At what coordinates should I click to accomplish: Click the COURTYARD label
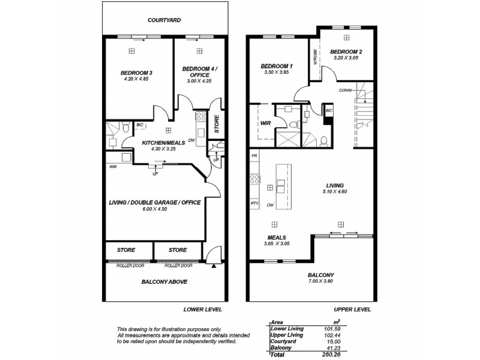coord(164,20)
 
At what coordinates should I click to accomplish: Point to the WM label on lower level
coord(113,167)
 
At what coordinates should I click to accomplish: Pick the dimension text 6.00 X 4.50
coord(155,210)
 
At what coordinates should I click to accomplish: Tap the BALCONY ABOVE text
coord(164,281)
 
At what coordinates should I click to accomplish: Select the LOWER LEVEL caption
coord(203,310)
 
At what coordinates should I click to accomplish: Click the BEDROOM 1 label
coord(276,65)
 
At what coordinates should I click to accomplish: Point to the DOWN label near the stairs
coord(345,91)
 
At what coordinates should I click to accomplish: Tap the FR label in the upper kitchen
coord(254,156)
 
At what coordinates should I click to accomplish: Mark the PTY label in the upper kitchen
coord(254,204)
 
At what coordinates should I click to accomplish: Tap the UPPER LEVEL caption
coord(352,310)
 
